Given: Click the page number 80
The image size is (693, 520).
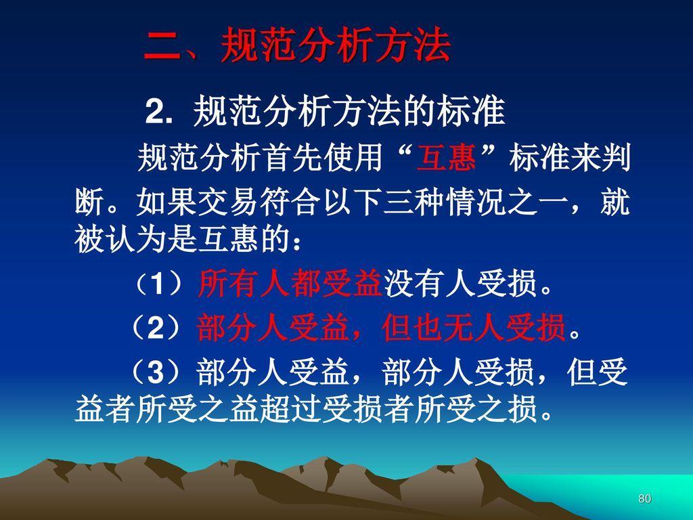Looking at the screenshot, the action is [x=645, y=498].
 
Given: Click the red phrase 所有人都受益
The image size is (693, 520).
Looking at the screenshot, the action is [x=290, y=283].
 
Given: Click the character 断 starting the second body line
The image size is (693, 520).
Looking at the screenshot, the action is [x=89, y=202].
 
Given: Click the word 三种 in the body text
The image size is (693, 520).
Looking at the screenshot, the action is [x=413, y=202].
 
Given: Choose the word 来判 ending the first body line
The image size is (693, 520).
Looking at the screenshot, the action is [x=600, y=158].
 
